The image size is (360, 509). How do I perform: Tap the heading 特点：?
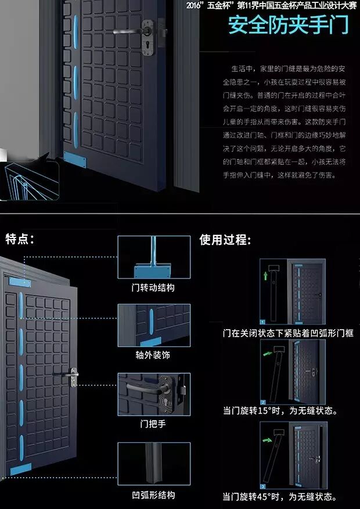click(19, 239)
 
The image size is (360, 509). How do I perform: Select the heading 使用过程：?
click(225, 240)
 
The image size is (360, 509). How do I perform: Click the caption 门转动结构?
click(153, 287)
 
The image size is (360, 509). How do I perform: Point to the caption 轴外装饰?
click(153, 355)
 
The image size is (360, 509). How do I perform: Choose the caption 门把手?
click(153, 423)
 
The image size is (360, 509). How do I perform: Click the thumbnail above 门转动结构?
click(154, 257)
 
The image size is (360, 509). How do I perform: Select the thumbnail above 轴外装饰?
click(154, 325)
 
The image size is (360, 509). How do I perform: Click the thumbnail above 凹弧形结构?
click(154, 464)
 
